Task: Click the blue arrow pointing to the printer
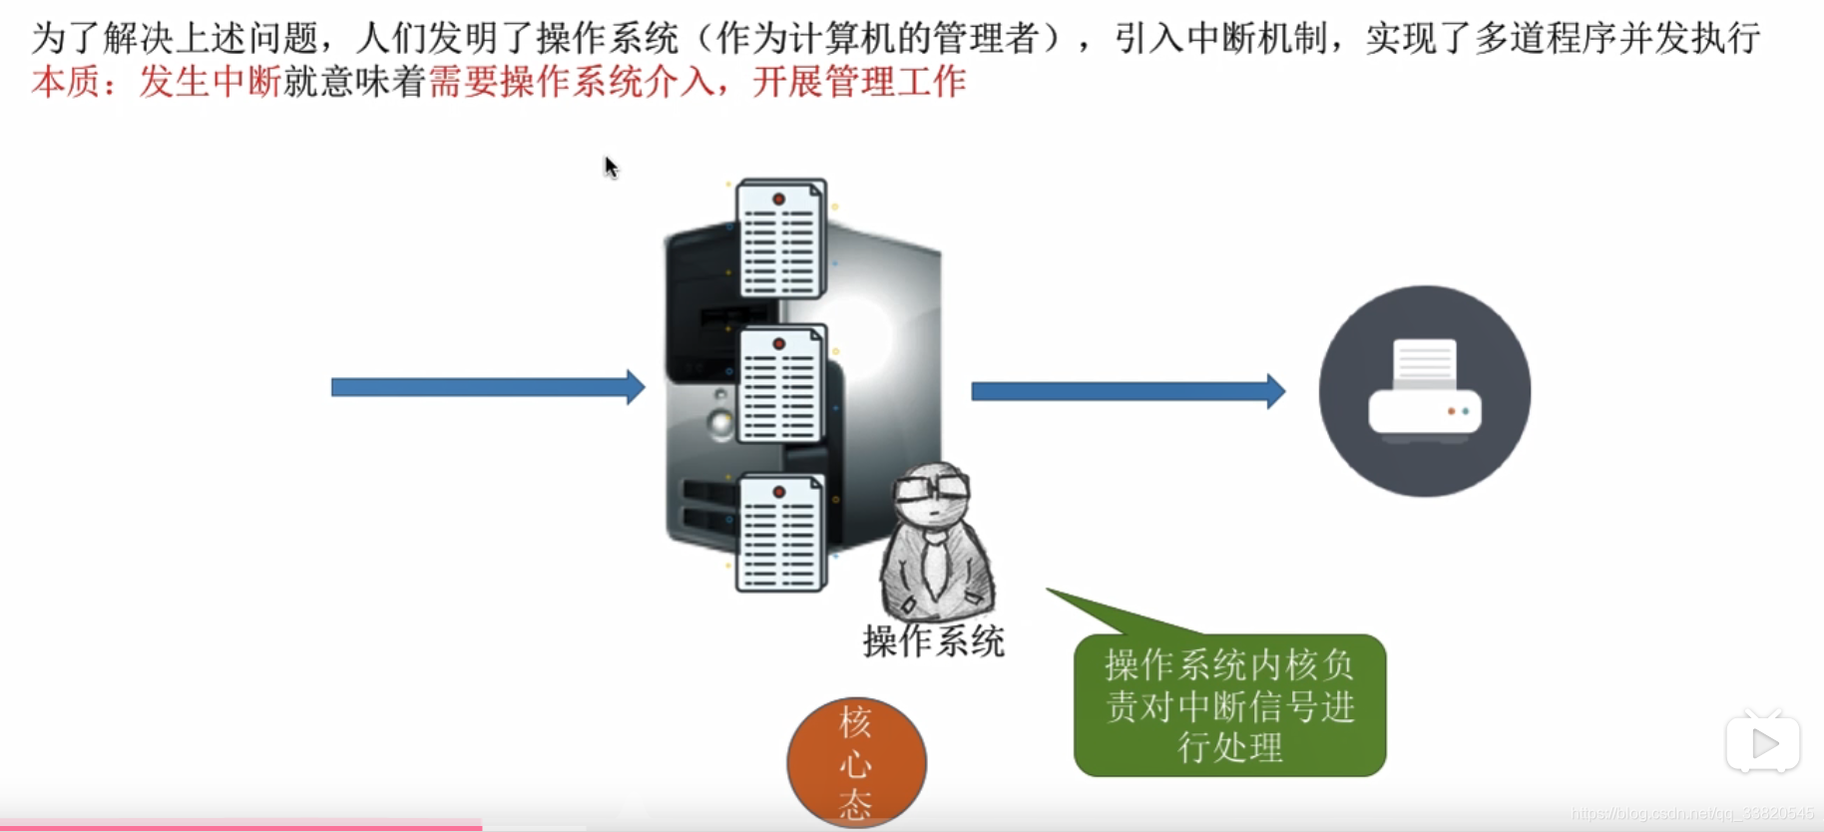[1128, 391]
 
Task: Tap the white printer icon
[1425, 392]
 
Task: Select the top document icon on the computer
[781, 239]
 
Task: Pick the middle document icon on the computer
[781, 385]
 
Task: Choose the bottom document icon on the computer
[781, 534]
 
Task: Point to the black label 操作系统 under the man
[933, 640]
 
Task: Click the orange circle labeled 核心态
[856, 762]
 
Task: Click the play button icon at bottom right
[1763, 743]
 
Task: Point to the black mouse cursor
[611, 168]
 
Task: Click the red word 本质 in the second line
[66, 82]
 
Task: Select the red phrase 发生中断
[210, 82]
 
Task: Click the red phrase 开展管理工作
[859, 82]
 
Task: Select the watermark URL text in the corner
[1692, 814]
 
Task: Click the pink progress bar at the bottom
[239, 826]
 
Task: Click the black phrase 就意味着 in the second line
[355, 82]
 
